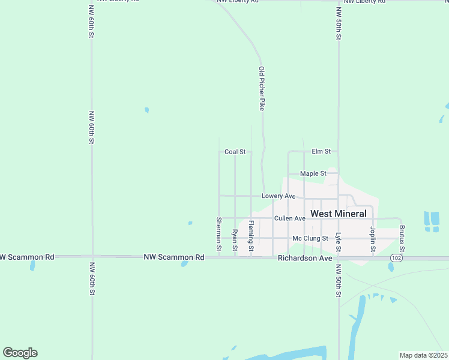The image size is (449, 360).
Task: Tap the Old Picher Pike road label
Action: (262, 88)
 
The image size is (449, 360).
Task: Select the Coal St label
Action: (235, 152)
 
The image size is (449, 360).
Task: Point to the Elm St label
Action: (321, 151)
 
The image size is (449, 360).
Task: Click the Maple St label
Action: (313, 173)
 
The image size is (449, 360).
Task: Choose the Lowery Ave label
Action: (279, 196)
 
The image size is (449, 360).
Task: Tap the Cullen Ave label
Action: (289, 218)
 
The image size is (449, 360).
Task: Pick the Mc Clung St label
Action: (310, 238)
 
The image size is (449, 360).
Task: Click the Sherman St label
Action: (219, 234)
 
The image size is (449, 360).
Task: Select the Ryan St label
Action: (235, 240)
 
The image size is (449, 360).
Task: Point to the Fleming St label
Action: (252, 236)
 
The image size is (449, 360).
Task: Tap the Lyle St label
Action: (339, 242)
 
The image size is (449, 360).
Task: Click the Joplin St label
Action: (373, 239)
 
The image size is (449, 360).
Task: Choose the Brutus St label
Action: (402, 239)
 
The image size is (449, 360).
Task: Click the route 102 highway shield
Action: (395, 257)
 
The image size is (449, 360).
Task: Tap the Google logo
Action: (20, 353)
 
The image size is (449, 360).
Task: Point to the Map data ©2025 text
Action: (423, 355)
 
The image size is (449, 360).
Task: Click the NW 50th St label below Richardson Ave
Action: (339, 280)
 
